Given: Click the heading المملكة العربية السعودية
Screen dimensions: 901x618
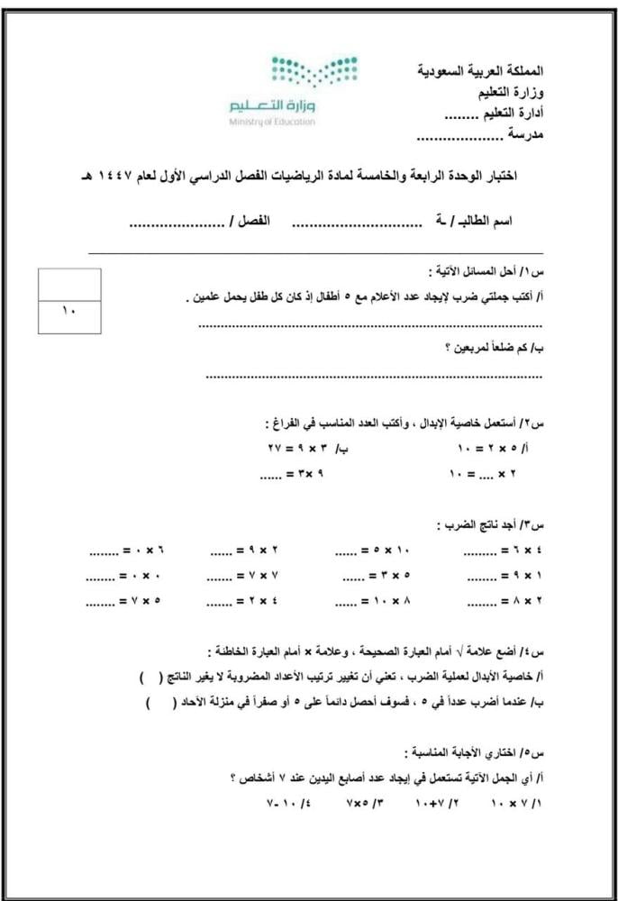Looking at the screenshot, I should [483, 69].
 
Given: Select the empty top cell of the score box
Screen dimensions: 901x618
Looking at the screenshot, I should [70, 284].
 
